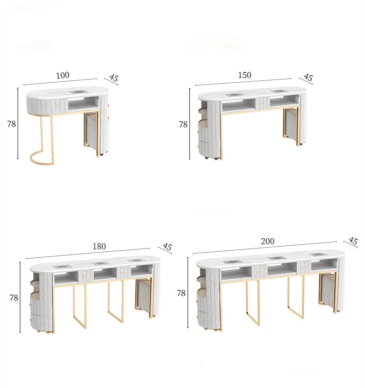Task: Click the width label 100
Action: pos(62,75)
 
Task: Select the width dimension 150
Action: pos(245,75)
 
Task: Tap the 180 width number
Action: pos(99,246)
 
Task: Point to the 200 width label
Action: pos(267,241)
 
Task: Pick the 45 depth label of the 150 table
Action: pos(308,77)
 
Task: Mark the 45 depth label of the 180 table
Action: pos(167,247)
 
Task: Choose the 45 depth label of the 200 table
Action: pos(353,241)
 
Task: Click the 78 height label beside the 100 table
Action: pos(12,124)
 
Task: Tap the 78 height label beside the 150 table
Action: pos(183,124)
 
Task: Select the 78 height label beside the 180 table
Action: pos(14,297)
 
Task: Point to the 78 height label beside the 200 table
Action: pos(181,293)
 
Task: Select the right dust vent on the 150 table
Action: pos(278,92)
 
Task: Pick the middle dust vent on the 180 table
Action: pos(100,264)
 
